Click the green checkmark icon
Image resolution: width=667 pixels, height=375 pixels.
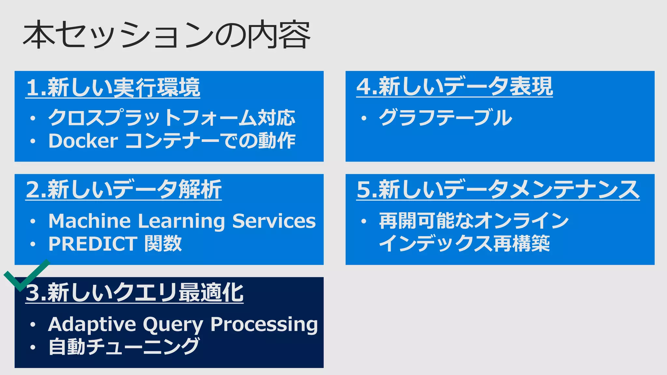(x=26, y=275)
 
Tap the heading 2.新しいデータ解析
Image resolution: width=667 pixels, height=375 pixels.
(x=124, y=189)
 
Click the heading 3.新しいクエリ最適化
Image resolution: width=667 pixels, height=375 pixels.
(x=135, y=292)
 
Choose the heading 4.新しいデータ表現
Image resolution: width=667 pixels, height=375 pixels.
(x=454, y=87)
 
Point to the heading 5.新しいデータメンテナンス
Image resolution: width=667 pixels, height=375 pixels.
(x=498, y=189)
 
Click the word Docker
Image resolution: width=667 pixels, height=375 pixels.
(x=83, y=141)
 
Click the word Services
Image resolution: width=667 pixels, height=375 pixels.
(x=274, y=221)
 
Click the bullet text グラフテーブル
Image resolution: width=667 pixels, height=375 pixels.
(x=445, y=118)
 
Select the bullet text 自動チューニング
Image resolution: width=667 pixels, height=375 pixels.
(x=124, y=347)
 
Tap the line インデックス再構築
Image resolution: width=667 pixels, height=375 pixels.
(x=464, y=244)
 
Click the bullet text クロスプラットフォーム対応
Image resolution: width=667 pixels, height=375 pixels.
(x=172, y=118)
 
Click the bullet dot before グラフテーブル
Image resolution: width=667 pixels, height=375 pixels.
(x=364, y=118)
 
